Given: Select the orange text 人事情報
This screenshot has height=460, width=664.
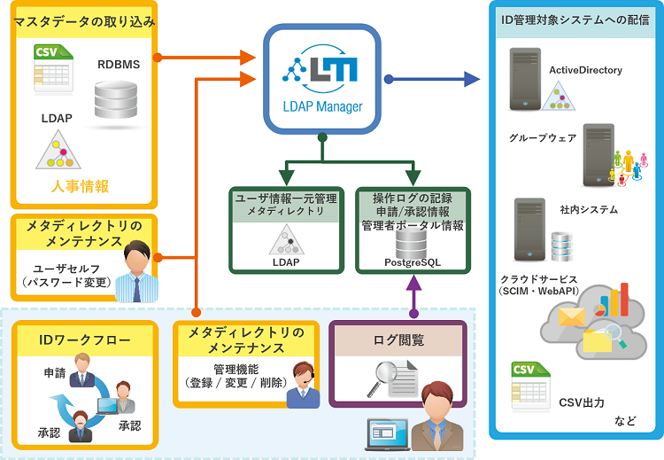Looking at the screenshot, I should [80, 186].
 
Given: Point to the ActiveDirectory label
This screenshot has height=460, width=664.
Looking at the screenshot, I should [585, 70].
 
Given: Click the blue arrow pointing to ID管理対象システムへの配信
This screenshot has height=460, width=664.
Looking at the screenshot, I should [434, 80].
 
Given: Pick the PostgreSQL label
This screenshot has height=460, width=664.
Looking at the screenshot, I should [412, 262].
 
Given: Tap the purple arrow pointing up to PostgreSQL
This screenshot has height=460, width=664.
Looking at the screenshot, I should [413, 297].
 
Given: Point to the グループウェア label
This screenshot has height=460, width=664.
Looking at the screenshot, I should [543, 138].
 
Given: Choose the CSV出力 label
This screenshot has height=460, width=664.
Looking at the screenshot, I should [582, 402].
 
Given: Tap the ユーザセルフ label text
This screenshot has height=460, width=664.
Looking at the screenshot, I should [66, 267].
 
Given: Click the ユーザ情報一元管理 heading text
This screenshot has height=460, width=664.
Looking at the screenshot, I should [285, 199].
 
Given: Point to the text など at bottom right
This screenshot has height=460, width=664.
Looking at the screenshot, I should [625, 420].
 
